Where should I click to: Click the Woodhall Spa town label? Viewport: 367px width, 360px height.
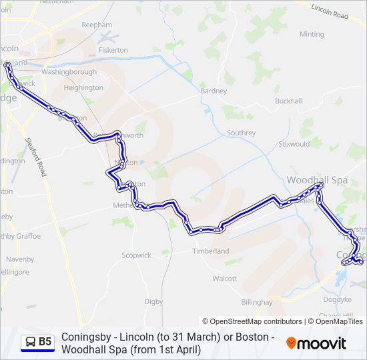click(318, 180)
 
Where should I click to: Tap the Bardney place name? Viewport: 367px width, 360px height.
click(214, 91)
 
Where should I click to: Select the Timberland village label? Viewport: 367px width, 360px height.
click(211, 251)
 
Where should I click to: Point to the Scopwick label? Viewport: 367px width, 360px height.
click(136, 255)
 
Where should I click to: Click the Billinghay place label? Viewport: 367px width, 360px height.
click(257, 302)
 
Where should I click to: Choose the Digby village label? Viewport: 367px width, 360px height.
click(153, 301)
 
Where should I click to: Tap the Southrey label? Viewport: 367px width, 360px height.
click(241, 133)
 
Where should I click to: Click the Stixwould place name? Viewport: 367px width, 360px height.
click(294, 143)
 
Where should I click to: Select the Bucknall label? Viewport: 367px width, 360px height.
click(288, 101)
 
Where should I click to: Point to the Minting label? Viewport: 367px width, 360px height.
click(312, 35)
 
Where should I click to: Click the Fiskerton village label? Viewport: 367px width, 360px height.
click(112, 50)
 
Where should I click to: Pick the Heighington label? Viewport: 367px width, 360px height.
click(83, 88)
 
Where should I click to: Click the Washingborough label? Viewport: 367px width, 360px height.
click(69, 71)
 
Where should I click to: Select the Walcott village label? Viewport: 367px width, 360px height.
click(224, 279)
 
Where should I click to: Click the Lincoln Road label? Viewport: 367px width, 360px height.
click(331, 13)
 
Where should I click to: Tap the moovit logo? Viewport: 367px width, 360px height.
click(316, 343)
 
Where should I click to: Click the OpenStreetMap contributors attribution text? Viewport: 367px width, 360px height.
click(252, 321)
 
